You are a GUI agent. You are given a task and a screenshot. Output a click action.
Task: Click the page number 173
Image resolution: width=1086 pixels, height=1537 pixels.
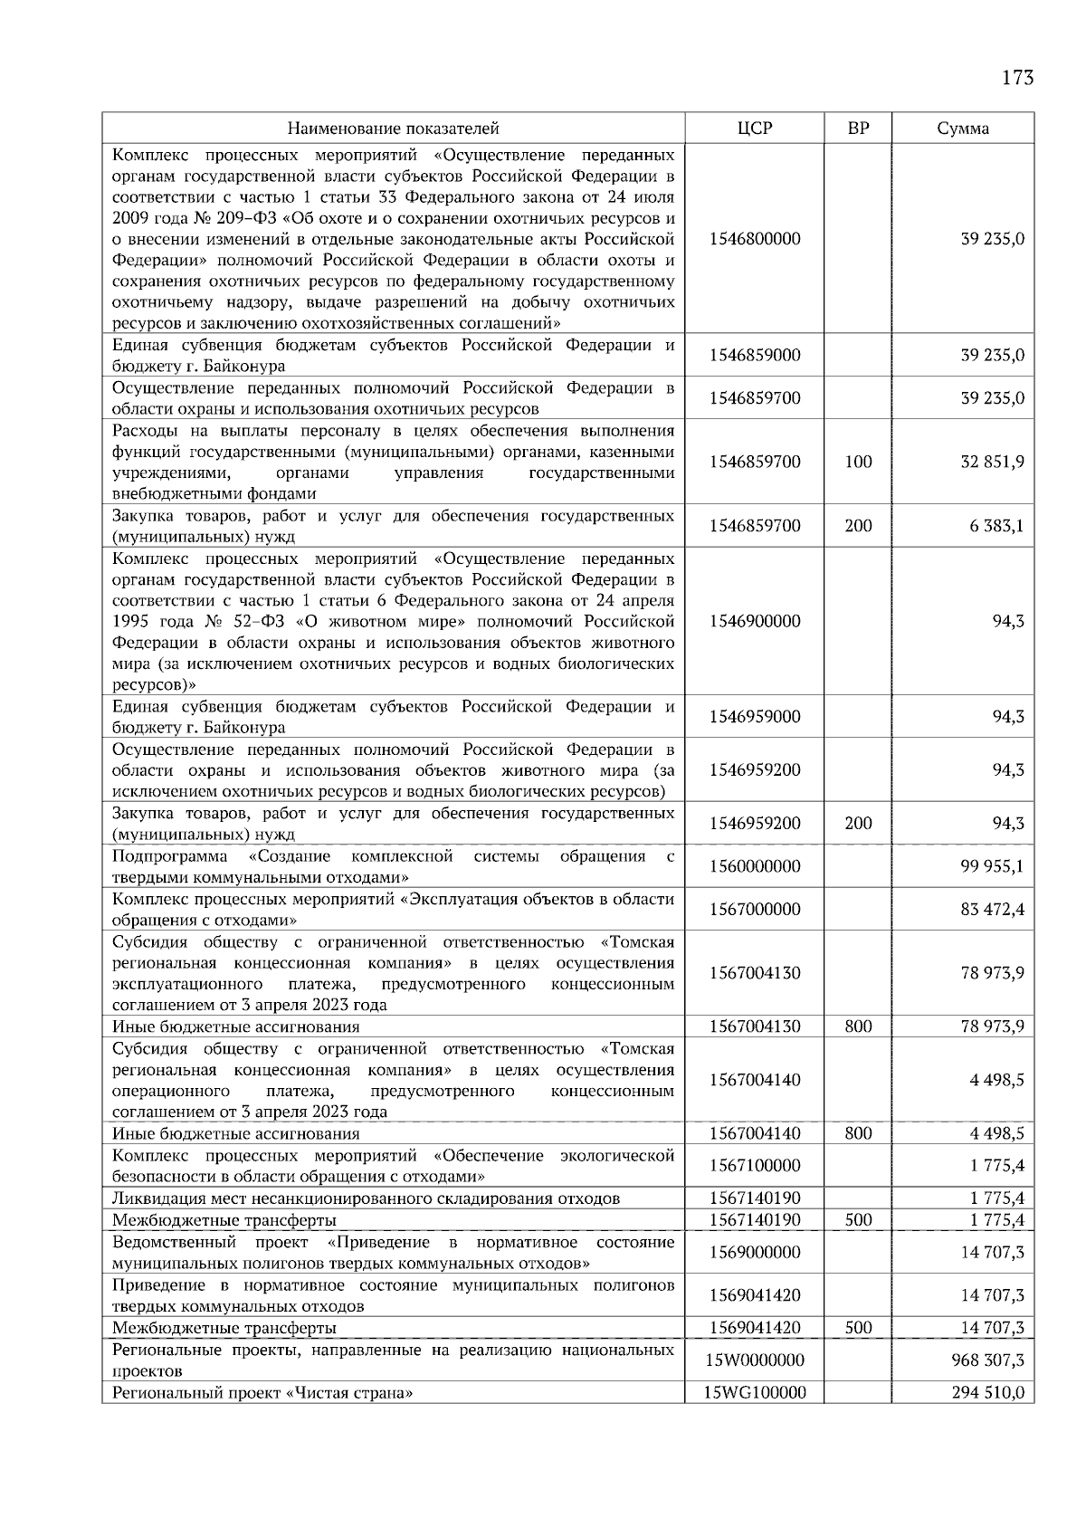point(1017,78)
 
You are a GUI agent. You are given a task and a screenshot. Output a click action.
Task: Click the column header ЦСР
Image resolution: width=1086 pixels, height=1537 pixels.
point(755,129)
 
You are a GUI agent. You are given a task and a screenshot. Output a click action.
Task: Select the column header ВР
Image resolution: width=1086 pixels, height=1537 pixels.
point(858,129)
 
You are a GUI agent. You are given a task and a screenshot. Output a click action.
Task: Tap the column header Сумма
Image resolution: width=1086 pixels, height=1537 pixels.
point(963,129)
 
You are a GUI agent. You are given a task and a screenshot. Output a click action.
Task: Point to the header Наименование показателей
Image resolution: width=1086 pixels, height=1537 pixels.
point(394,129)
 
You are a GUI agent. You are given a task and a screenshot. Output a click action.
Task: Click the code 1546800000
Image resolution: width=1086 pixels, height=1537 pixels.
point(755,240)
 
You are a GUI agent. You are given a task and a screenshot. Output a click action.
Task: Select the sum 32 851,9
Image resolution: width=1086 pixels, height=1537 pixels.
point(992,462)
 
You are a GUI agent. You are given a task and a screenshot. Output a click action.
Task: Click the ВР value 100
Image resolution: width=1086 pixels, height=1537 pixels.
point(858,462)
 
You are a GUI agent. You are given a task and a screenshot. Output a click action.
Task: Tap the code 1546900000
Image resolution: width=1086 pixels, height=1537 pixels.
point(755,622)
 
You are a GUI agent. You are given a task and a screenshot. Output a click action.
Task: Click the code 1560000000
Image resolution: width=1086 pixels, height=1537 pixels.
point(755,866)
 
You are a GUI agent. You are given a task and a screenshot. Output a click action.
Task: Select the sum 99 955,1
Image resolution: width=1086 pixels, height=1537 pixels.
point(992,866)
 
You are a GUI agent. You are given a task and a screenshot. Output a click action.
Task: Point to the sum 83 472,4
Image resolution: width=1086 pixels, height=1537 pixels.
point(992,909)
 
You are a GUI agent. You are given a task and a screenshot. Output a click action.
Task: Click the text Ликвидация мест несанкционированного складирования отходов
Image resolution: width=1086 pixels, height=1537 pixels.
point(366,1198)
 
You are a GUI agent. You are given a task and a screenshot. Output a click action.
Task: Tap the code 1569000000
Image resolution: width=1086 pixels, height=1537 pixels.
point(755,1253)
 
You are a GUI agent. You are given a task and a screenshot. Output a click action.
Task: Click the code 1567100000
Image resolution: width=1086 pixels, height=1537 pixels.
point(755,1166)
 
